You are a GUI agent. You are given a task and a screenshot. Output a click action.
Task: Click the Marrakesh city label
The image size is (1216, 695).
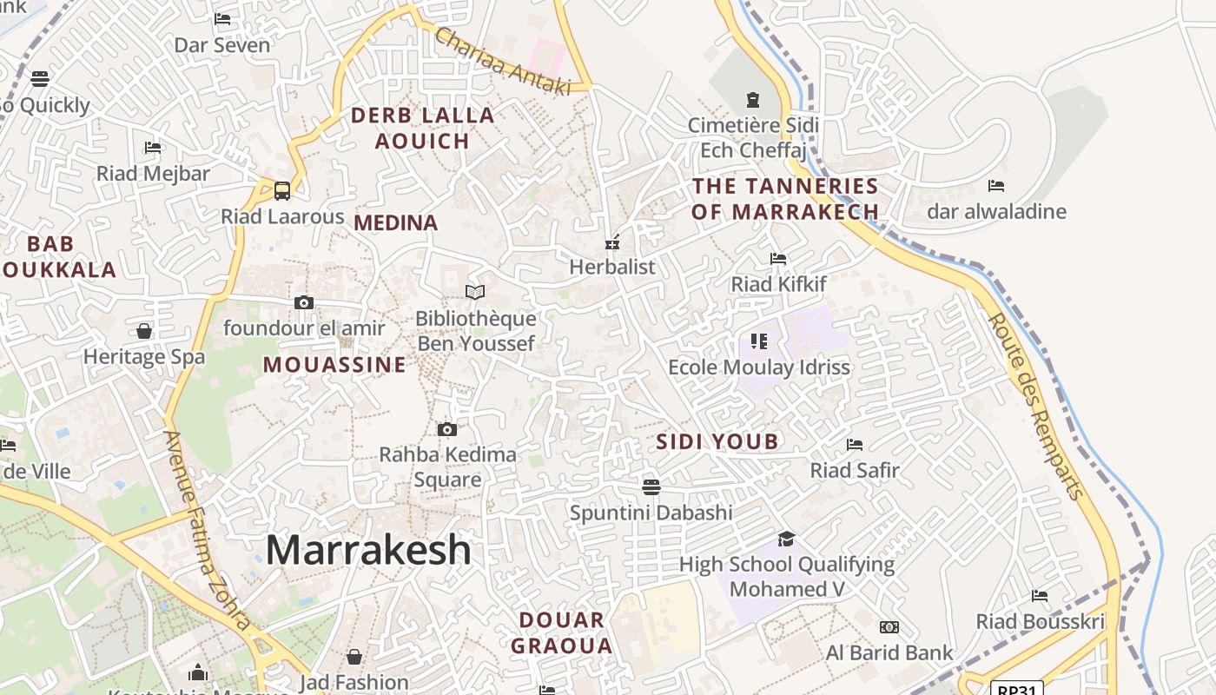[x=368, y=550]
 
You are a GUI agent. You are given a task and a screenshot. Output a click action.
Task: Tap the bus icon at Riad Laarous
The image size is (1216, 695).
[x=282, y=190]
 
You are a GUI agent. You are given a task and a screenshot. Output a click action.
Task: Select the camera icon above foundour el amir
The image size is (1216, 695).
[x=303, y=302]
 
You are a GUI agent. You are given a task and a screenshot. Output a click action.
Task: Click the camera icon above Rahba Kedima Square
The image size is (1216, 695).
[x=447, y=429]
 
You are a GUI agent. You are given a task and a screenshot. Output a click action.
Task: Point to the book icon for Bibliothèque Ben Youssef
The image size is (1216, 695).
[x=475, y=292]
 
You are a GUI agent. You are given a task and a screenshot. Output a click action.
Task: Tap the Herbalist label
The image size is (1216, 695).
[x=612, y=267]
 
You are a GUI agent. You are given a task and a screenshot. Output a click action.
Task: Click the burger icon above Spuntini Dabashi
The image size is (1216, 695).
[x=651, y=486]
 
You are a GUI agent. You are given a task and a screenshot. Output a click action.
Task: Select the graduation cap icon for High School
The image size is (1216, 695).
[x=786, y=539]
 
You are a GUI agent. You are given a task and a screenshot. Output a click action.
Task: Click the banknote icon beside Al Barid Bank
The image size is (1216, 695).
[x=889, y=627]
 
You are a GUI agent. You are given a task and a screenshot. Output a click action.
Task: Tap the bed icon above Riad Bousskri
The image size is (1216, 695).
[x=1040, y=596]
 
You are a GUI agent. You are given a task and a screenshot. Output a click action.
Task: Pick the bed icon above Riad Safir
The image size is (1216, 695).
[x=855, y=445]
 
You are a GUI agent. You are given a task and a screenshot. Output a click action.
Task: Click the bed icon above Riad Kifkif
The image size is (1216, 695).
[x=778, y=259]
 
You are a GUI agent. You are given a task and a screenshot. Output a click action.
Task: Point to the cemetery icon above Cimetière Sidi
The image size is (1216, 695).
[x=752, y=100]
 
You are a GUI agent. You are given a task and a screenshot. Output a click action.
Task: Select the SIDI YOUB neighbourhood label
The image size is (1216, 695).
[x=717, y=441]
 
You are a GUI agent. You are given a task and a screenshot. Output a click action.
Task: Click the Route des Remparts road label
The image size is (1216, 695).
[x=1036, y=406]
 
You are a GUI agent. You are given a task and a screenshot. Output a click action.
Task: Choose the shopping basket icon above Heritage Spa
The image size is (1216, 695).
[x=144, y=331]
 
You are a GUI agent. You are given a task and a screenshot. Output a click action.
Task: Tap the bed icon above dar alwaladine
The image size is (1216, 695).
[x=996, y=186]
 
